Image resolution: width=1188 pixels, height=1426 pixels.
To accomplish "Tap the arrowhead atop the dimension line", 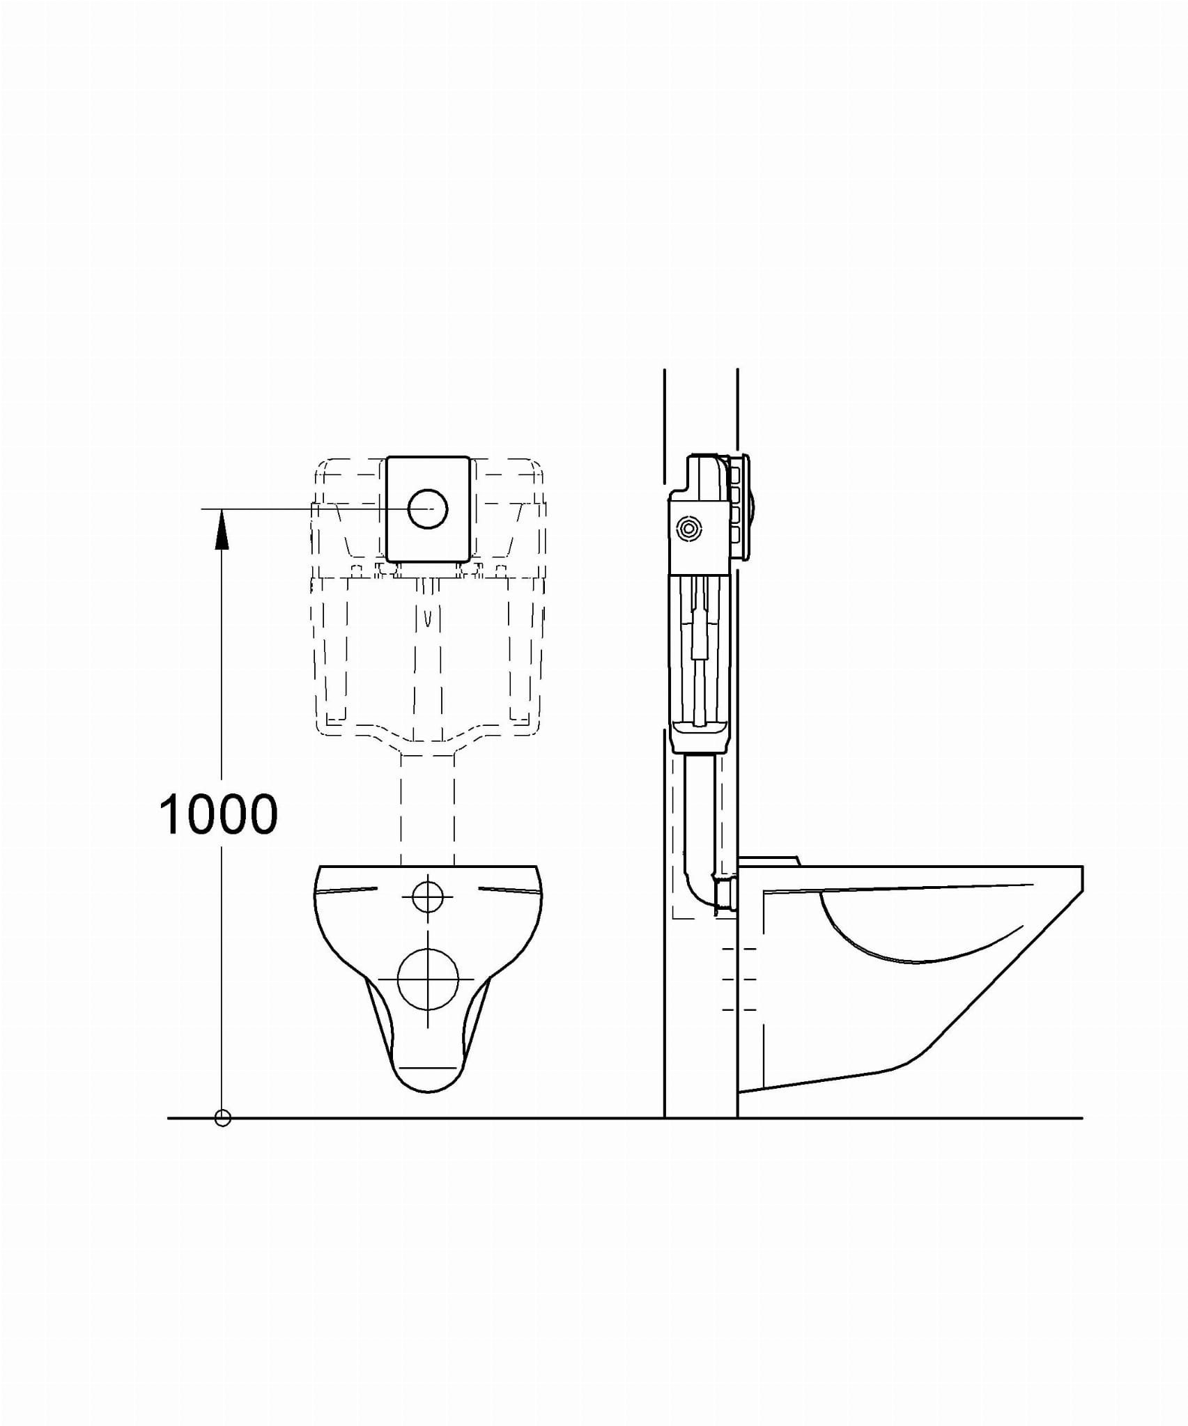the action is coord(222,529).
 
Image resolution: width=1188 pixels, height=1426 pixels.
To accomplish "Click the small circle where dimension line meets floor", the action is coord(222,1118).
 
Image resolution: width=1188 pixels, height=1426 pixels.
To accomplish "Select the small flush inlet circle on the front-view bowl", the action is coord(428,897).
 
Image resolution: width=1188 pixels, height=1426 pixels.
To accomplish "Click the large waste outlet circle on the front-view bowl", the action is coord(428,979).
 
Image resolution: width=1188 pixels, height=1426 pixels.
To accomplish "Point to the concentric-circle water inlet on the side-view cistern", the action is coord(688,529).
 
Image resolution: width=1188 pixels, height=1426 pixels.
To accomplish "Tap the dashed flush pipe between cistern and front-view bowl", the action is coord(428,808).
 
